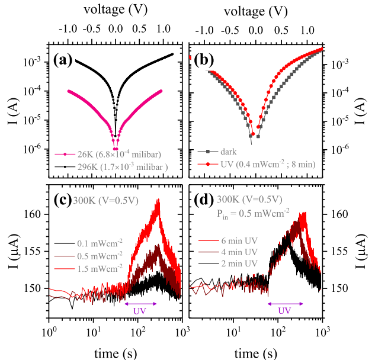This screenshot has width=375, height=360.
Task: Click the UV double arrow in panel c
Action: [140, 304]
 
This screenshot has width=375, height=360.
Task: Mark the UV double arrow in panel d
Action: [284, 304]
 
